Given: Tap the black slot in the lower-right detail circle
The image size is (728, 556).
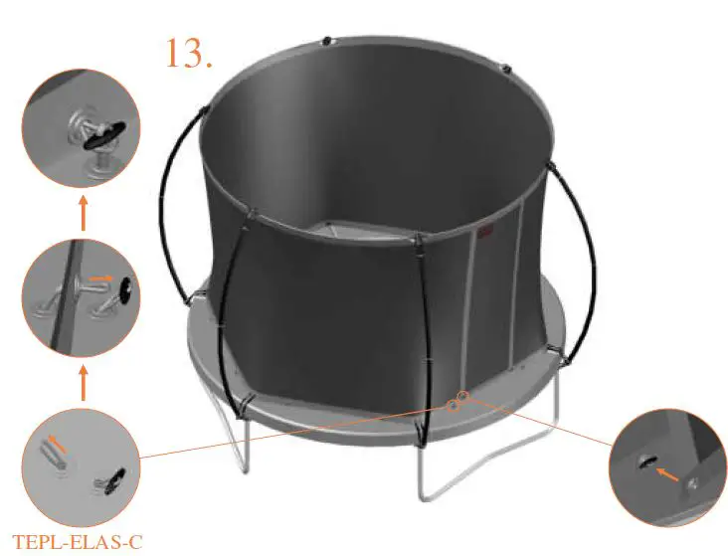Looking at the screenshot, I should tap(646, 460).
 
